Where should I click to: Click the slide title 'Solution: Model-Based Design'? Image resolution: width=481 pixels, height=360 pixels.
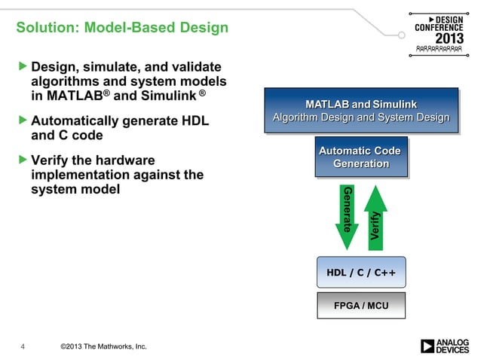[122, 29]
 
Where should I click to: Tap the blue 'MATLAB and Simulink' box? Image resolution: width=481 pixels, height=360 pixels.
[360, 111]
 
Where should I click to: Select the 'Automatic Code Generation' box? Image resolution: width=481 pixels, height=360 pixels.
[360, 157]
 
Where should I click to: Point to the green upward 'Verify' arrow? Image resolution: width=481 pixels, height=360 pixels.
[375, 215]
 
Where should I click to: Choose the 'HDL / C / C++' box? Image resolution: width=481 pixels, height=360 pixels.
[360, 272]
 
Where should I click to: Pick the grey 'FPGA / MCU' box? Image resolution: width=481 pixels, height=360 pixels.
[360, 305]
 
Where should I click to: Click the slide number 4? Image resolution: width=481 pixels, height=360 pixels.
[23, 346]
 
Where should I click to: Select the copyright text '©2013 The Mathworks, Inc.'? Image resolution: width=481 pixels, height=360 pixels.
[103, 346]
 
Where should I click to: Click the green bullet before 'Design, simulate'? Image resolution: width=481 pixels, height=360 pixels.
[22, 68]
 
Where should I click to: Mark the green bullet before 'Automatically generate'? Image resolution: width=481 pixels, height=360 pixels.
[22, 121]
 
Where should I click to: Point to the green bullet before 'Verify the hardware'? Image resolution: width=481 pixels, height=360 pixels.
[22, 160]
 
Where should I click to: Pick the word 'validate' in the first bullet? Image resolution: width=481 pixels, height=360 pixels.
[193, 68]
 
